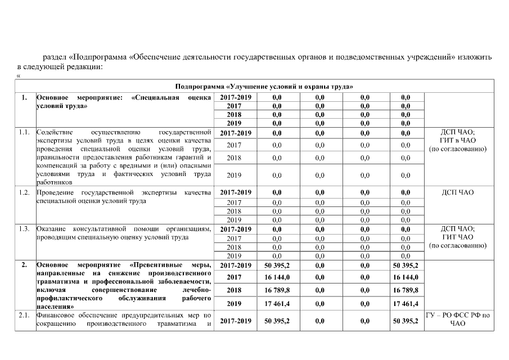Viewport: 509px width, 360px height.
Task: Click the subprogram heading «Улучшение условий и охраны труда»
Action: pyautogui.click(x=263, y=87)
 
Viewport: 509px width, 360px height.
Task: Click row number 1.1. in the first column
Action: pyautogui.click(x=24, y=133)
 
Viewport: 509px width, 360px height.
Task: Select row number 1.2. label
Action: pyautogui.click(x=24, y=192)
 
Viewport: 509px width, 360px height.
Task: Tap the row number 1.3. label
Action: pyautogui.click(x=24, y=229)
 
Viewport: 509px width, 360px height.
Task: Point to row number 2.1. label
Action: pyautogui.click(x=24, y=316)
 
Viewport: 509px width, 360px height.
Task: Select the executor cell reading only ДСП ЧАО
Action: pyautogui.click(x=457, y=192)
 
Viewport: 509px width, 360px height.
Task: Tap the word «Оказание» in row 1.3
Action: pyautogui.click(x=51, y=229)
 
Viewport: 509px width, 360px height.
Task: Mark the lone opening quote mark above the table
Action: pyautogui.click(x=19, y=75)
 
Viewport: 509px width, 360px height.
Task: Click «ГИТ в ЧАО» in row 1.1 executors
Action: pyautogui.click(x=457, y=141)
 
